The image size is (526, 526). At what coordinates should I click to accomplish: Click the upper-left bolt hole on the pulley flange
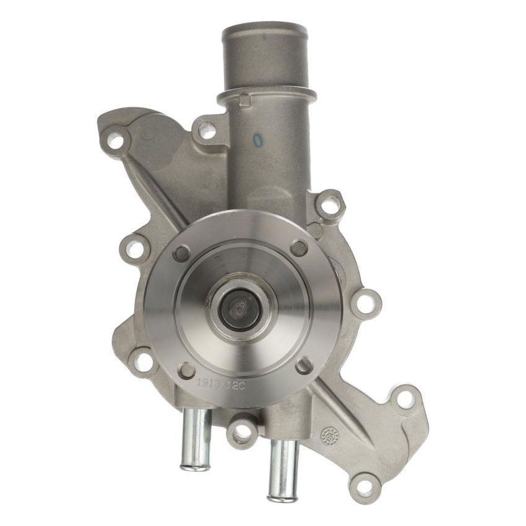pos(182,252)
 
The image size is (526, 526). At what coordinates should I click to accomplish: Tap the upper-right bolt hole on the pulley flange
pos(299,248)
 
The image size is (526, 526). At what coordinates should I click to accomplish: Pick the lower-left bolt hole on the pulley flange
pos(186,370)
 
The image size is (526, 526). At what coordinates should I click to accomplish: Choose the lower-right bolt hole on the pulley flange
pos(303,365)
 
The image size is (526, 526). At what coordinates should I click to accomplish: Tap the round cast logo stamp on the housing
pos(330,436)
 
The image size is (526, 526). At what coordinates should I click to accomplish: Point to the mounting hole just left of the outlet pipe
pos(208,131)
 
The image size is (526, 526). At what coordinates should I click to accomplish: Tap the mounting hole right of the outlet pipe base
pos(331,205)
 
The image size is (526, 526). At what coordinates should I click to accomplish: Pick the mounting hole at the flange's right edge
pos(366,303)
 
